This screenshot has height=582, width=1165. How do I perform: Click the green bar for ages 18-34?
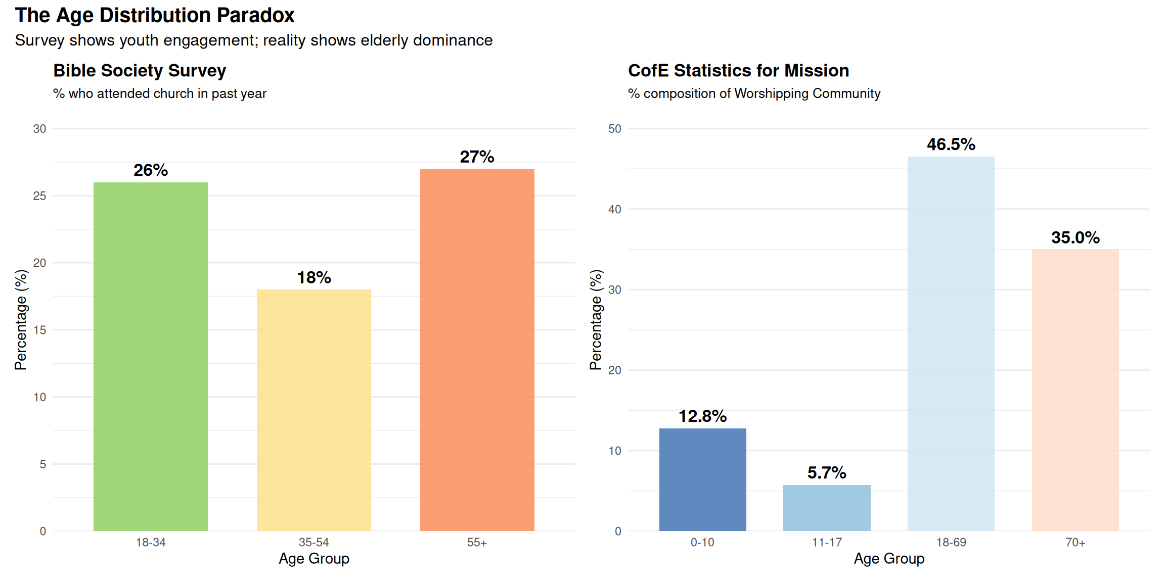coord(151,356)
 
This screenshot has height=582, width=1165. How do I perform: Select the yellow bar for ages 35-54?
coord(313,410)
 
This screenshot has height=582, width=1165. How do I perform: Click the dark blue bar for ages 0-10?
coord(702,479)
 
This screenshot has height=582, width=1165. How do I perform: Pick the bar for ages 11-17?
coord(827,508)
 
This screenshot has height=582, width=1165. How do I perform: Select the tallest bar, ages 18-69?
coord(951,344)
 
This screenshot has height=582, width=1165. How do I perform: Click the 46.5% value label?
coord(951,144)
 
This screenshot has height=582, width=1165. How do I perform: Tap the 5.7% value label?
coord(827,473)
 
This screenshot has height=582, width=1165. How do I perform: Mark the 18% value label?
coord(313,277)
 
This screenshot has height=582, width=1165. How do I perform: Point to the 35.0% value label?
coord(1075,237)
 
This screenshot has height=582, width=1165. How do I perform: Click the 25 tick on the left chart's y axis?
coord(39,196)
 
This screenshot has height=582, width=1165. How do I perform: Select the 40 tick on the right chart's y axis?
coord(614,209)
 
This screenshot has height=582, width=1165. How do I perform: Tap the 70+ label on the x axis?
coord(1075,543)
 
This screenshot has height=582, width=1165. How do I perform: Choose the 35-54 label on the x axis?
coord(313,543)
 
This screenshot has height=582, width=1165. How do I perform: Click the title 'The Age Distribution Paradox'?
coord(155,15)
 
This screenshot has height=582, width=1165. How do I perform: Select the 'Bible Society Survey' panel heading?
coord(140,71)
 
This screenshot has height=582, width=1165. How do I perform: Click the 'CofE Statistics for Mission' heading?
coord(738,71)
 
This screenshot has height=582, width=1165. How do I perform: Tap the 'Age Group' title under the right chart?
coord(889,559)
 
